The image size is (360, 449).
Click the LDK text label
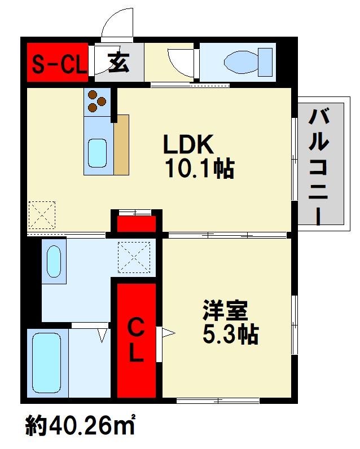click(188, 146)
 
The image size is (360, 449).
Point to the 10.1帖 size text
click(199, 169)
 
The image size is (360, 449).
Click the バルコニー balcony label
click(320, 166)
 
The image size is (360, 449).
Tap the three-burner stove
click(96, 102)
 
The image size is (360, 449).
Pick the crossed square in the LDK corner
click(42, 214)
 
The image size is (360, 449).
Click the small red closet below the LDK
click(136, 223)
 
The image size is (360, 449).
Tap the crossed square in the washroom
click(134, 257)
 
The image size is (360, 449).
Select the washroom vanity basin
click(54, 261)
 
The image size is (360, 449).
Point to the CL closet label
click(135, 340)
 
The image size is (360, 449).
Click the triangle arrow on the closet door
click(168, 333)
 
